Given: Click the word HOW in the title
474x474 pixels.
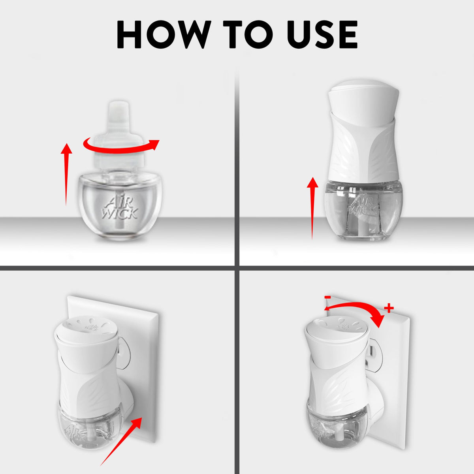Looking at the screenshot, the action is pyautogui.click(x=164, y=35).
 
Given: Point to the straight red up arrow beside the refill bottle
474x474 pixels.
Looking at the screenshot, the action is pyautogui.click(x=66, y=174).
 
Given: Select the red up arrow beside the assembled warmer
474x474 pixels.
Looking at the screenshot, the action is pyautogui.click(x=312, y=208).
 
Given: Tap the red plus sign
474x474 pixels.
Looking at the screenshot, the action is pyautogui.click(x=389, y=308).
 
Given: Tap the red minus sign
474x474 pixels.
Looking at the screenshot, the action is pyautogui.click(x=328, y=297).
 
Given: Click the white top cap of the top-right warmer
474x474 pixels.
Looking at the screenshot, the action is pyautogui.click(x=363, y=102).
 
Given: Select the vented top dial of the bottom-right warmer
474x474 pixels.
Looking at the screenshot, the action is pyautogui.click(x=336, y=329).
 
